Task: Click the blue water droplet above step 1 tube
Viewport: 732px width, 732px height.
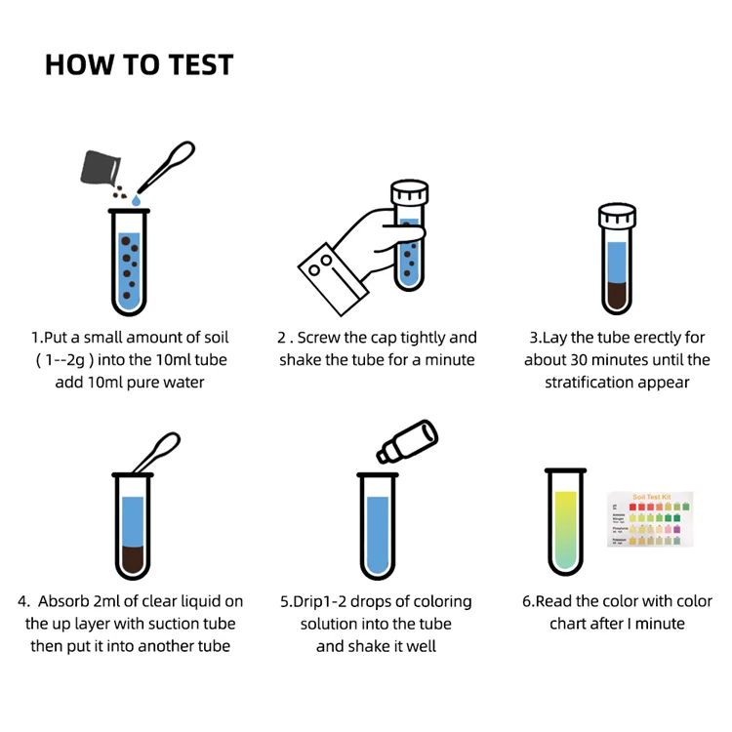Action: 136,199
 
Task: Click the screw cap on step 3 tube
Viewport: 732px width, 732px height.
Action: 617,217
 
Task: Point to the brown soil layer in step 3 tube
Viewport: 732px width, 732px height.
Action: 617,294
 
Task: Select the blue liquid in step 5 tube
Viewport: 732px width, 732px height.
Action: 377,537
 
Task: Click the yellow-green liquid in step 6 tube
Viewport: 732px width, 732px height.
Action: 565,532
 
